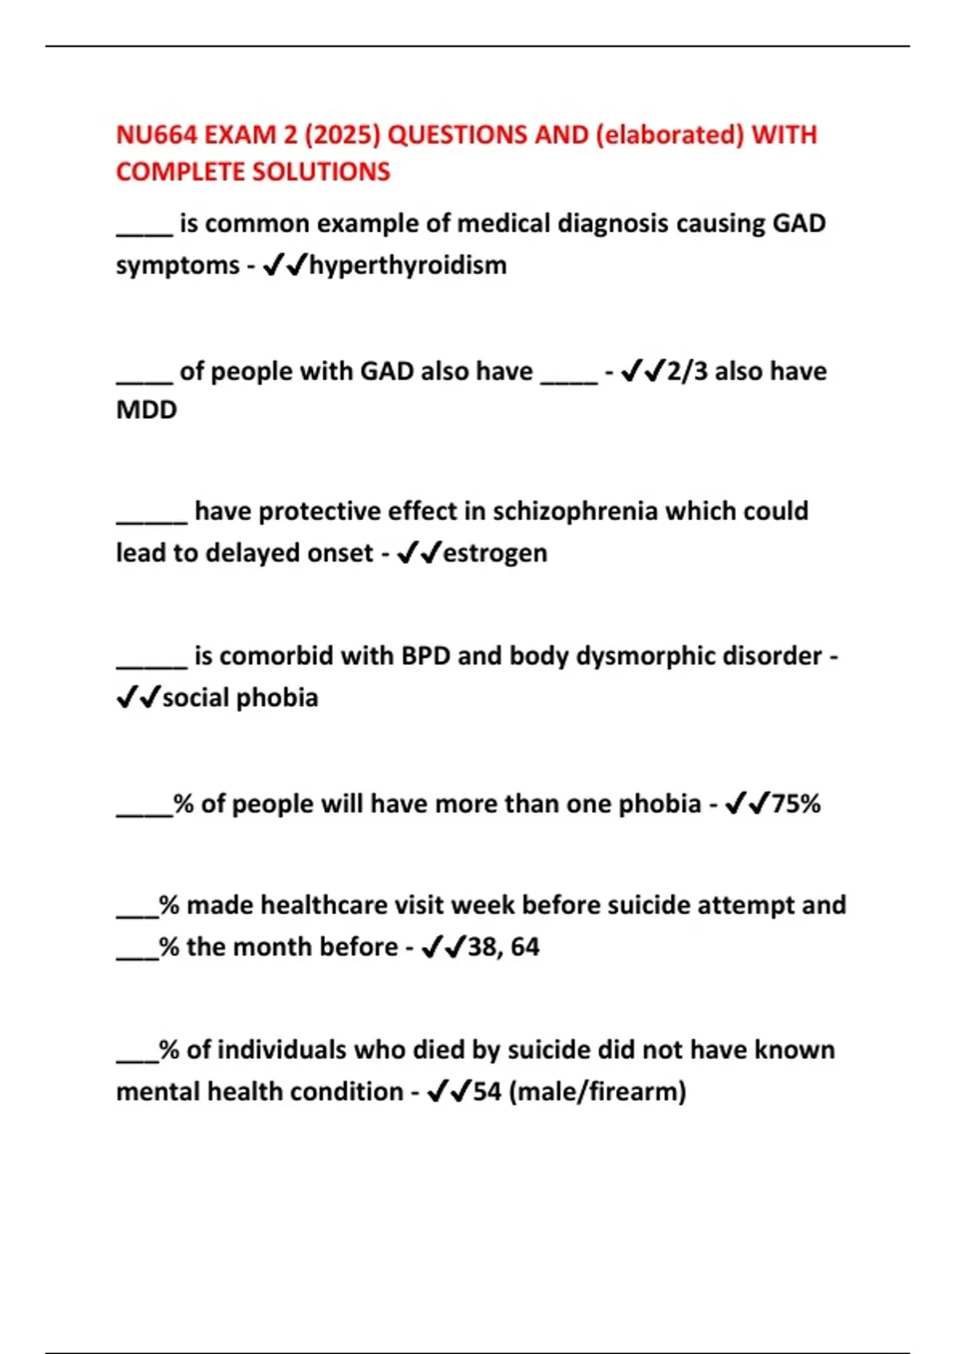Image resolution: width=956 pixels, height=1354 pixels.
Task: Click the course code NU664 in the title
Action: (x=156, y=135)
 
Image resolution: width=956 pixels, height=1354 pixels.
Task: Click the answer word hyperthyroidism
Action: (x=408, y=265)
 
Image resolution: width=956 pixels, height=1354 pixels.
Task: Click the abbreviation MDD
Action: (x=147, y=410)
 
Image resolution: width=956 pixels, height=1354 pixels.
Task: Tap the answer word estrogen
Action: (x=495, y=553)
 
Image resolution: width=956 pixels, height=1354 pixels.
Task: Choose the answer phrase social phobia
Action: (x=241, y=698)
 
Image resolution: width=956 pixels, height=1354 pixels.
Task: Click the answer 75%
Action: (x=796, y=804)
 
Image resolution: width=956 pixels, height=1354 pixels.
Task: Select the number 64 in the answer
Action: (x=525, y=947)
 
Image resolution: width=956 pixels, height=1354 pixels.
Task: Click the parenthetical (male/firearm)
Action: (x=597, y=1091)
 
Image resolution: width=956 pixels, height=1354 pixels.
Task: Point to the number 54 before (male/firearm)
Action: (x=487, y=1091)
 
